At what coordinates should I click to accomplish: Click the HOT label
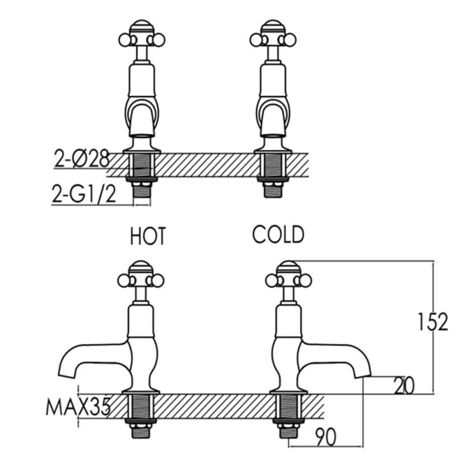point(148,236)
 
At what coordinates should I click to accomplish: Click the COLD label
point(278,234)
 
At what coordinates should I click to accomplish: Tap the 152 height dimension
point(433,322)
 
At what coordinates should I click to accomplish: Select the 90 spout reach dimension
point(326,437)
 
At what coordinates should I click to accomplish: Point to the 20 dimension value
point(404,385)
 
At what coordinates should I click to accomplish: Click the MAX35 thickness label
point(78,407)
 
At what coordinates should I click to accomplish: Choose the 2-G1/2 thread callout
point(84,193)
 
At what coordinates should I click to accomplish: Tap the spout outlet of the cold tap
point(363,374)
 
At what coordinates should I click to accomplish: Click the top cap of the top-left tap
point(141,26)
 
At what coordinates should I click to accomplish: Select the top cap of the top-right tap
point(273,26)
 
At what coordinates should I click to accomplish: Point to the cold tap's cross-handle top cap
point(288,267)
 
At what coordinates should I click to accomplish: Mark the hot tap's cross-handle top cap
point(141,267)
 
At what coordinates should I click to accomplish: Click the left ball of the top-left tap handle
point(125,40)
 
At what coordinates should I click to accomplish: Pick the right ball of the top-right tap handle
point(290,40)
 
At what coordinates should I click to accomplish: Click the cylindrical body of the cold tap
point(288,321)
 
